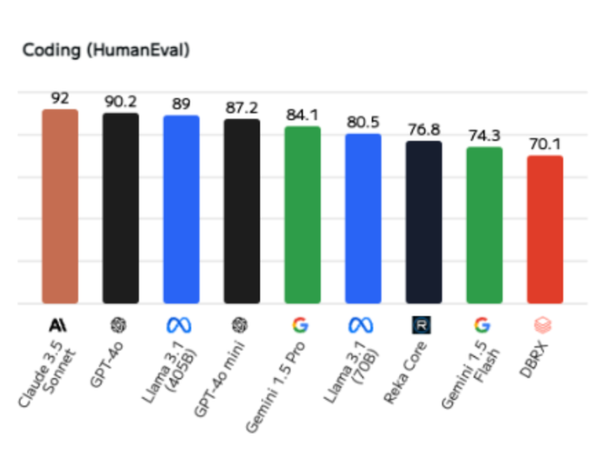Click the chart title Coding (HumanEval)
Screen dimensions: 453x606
[x=106, y=50]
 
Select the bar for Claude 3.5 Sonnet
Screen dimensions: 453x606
[x=60, y=206]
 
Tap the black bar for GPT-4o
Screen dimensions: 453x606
[x=120, y=208]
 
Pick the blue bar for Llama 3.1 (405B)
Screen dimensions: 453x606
[x=181, y=210]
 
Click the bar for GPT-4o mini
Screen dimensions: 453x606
[x=242, y=211]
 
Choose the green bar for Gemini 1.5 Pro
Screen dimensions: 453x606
[x=302, y=215]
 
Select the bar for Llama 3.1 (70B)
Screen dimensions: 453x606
[x=363, y=219]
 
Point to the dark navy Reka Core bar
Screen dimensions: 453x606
[x=423, y=222]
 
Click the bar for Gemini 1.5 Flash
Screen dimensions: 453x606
[x=484, y=226]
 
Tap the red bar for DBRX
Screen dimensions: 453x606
[x=545, y=230]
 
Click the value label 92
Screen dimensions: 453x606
[x=60, y=99]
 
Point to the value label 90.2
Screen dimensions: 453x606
[x=120, y=102]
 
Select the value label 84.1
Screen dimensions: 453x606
[x=302, y=115]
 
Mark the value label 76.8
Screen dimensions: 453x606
[x=423, y=130]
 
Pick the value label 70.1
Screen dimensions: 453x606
[x=545, y=144]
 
